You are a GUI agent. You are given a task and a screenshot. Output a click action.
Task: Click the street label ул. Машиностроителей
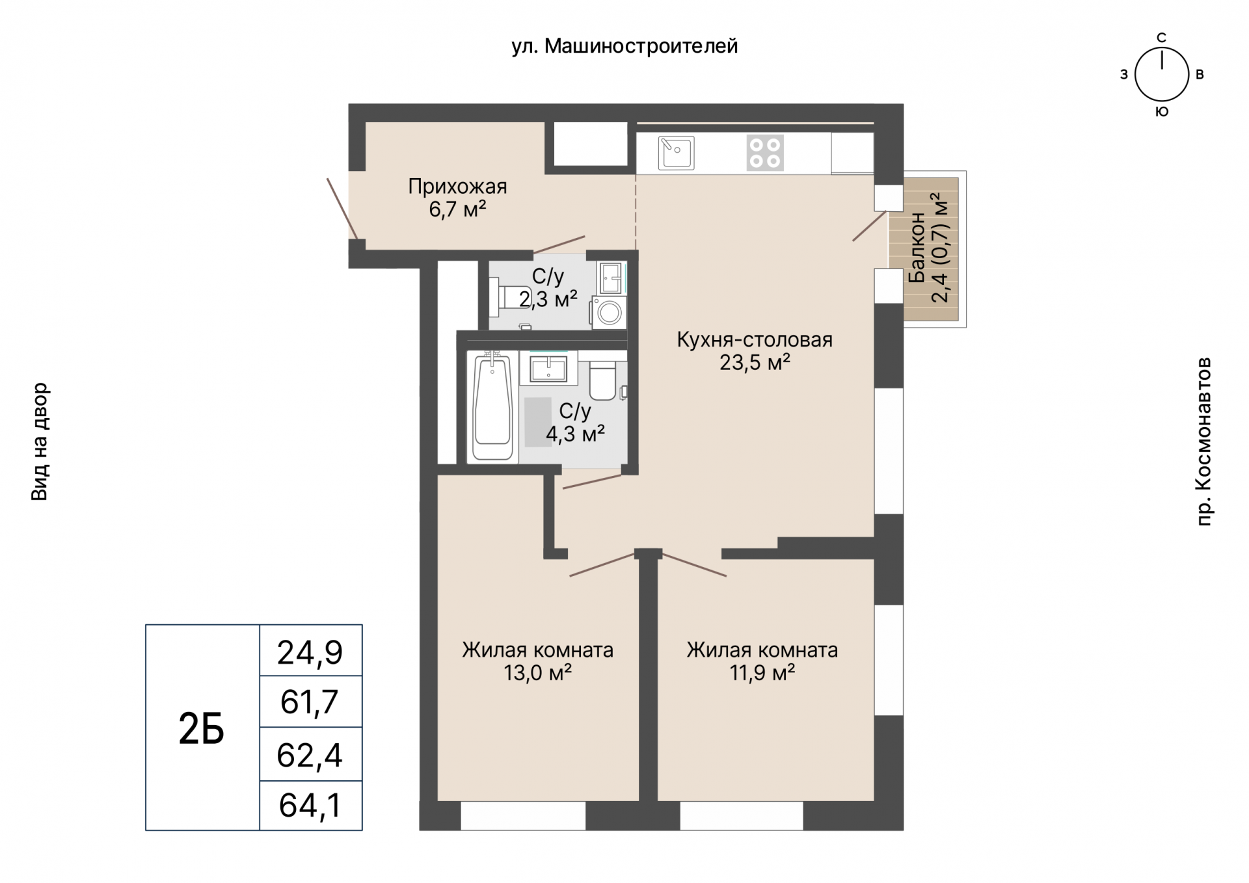(624, 46)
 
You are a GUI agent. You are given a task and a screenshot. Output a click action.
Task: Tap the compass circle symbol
(1162, 75)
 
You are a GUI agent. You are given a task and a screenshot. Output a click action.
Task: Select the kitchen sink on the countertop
(676, 152)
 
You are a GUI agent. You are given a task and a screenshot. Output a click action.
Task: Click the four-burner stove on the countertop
(765, 152)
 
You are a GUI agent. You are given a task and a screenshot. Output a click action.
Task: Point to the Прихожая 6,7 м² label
(457, 198)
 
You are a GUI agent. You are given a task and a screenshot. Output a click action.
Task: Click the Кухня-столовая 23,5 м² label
(755, 350)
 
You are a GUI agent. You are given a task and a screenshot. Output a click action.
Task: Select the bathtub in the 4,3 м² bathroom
(492, 406)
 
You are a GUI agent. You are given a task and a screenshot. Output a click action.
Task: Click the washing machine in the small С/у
(609, 312)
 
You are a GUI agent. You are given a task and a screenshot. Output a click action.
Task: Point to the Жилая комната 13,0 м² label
(537, 661)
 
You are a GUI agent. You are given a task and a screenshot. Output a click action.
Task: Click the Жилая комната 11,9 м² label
(762, 661)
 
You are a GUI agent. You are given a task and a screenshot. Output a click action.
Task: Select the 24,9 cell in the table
(311, 650)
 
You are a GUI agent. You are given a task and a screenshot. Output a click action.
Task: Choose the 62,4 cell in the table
(311, 754)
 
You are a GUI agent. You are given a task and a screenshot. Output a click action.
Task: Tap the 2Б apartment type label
(202, 729)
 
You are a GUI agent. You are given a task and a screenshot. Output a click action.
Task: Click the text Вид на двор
(40, 441)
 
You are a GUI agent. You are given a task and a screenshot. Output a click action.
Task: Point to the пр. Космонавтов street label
(1204, 441)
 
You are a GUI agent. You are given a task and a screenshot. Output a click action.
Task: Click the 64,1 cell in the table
(311, 805)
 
